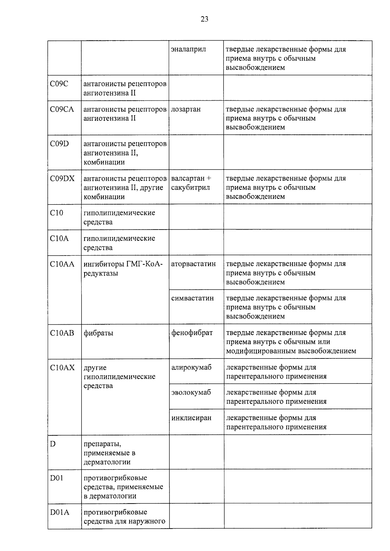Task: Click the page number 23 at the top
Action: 204,19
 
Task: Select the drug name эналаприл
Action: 188,49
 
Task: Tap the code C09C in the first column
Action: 59,84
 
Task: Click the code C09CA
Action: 62,109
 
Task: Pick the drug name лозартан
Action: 186,109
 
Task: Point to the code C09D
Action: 59,144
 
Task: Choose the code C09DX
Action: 62,178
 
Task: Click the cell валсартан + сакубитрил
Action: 191,183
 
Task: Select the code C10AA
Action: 62,264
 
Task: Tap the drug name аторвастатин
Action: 193,264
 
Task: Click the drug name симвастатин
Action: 192,298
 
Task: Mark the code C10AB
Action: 62,333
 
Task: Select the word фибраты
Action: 98,333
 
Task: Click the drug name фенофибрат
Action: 192,333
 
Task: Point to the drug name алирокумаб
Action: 191,368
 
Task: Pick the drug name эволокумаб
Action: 191,393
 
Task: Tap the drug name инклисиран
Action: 191,418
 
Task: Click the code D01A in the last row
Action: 59,512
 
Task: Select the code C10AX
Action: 62,368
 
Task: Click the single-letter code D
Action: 53,444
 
